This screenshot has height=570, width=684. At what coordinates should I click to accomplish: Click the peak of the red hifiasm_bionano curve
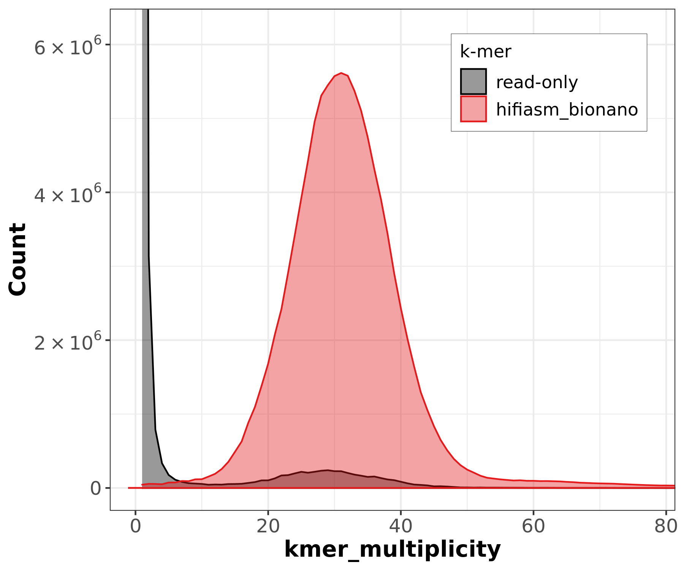click(x=341, y=73)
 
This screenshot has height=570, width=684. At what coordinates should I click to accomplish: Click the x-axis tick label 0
click(x=136, y=527)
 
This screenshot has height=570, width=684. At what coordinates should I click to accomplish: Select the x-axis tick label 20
click(x=268, y=527)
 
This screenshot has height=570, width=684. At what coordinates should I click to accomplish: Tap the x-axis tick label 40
click(x=401, y=527)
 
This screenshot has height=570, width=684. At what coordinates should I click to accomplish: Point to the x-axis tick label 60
click(x=533, y=527)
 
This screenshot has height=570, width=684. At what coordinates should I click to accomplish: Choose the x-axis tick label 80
click(x=665, y=527)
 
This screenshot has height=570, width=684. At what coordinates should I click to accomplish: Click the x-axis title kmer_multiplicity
click(x=392, y=549)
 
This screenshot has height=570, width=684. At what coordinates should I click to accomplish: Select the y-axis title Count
click(x=17, y=259)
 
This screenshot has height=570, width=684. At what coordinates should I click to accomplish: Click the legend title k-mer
click(x=485, y=52)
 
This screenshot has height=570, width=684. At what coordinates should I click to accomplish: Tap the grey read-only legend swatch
click(x=473, y=81)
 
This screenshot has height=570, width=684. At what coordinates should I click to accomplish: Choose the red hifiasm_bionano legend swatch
click(x=473, y=109)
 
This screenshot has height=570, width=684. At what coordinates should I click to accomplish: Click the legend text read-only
click(x=537, y=82)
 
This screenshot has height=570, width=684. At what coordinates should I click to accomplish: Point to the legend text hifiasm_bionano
click(x=567, y=110)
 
